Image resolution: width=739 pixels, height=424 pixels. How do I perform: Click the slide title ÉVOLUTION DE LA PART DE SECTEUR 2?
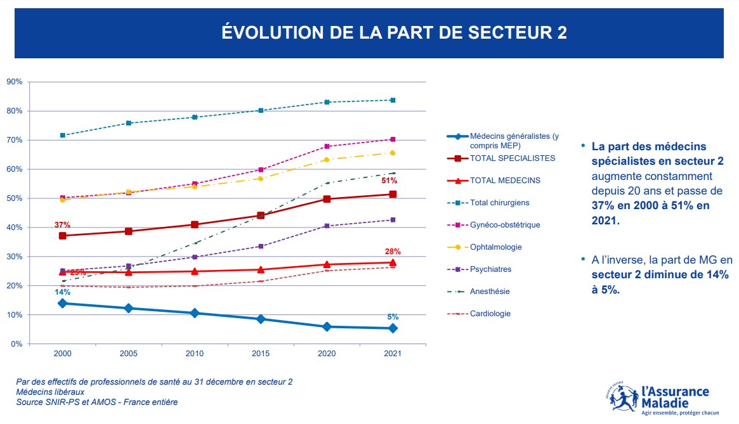click(394, 33)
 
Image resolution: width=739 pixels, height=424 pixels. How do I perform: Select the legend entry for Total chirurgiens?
click(499, 203)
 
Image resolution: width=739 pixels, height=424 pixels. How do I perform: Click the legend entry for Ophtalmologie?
click(495, 247)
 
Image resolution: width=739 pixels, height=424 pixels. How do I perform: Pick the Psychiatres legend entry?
click(490, 269)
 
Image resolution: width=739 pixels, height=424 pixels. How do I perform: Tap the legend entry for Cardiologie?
click(490, 314)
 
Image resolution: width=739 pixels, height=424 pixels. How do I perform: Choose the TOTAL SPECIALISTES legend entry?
click(512, 158)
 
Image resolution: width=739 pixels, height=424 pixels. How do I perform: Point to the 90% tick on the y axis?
click(15, 82)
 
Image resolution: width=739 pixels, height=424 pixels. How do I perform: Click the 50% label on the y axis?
click(15, 198)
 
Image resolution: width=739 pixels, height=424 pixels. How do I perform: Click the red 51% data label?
click(389, 181)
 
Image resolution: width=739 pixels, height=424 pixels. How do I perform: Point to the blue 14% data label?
click(62, 292)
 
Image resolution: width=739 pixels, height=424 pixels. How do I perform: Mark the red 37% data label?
click(62, 225)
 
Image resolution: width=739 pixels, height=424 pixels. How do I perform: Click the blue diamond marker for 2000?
click(62, 303)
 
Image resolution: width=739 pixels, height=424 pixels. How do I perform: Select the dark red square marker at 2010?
click(195, 224)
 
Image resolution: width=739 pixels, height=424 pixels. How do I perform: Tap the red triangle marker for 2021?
click(393, 262)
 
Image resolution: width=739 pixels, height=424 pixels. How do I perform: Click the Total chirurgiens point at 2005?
click(129, 123)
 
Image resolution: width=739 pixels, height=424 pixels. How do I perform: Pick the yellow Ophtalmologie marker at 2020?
click(327, 160)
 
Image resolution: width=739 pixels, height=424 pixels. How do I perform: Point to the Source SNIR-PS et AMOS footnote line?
click(97, 402)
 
